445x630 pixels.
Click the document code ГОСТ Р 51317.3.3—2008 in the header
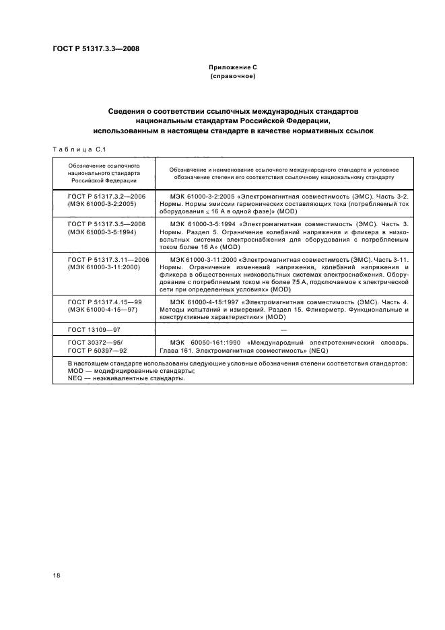[x=96, y=48]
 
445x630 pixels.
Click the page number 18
[x=57, y=574]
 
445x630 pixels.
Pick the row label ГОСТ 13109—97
[x=90, y=329]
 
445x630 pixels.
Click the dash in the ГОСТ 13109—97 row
[x=283, y=329]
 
